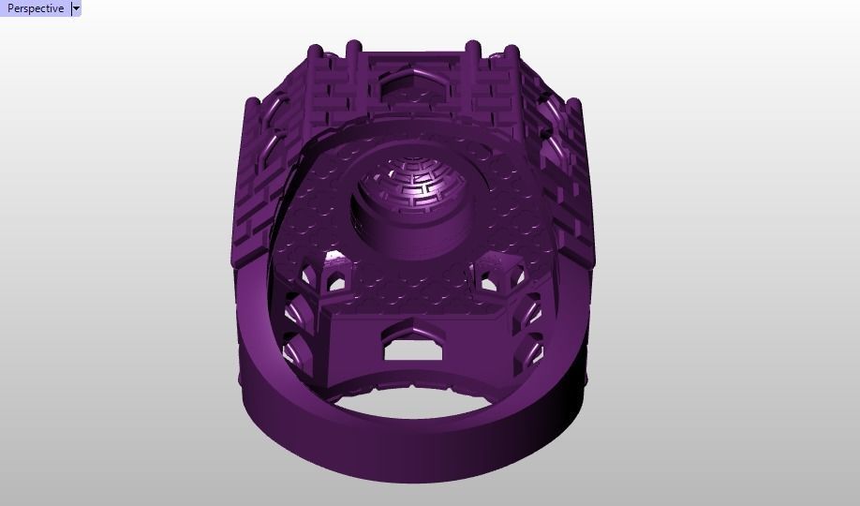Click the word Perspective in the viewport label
point(36,8)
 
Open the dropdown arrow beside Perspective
point(76,8)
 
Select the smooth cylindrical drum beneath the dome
point(405,232)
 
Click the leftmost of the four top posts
point(316,52)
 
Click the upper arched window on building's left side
point(296,309)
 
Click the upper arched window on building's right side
point(532,309)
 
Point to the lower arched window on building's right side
point(532,351)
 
